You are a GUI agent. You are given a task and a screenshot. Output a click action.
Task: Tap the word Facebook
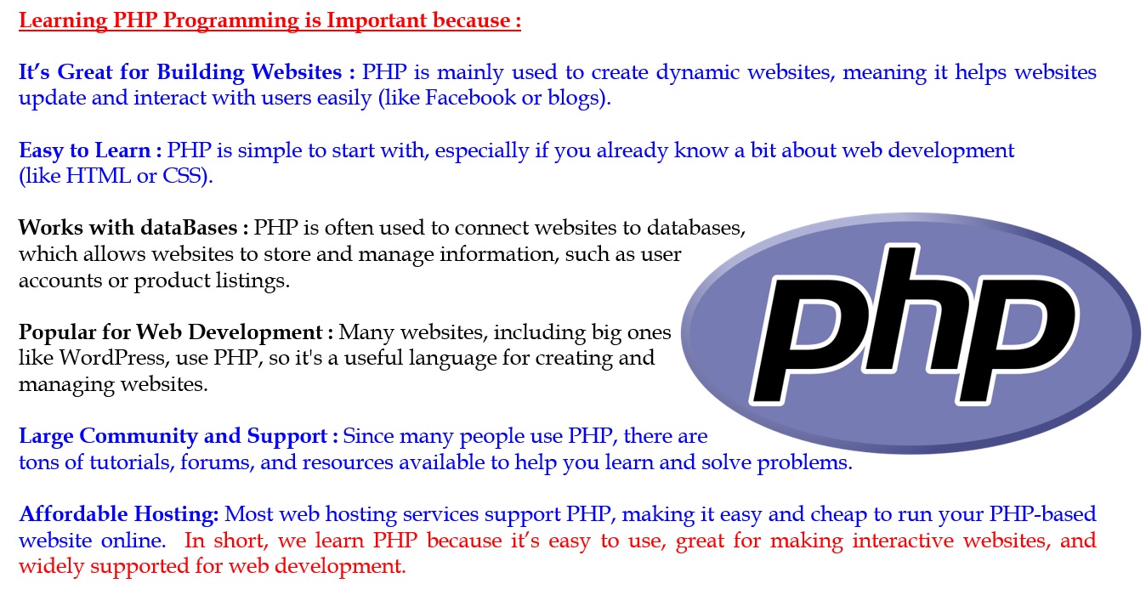tap(470, 97)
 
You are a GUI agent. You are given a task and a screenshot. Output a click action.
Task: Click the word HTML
tap(99, 175)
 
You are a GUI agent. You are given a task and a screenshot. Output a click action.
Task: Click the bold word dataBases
tap(190, 228)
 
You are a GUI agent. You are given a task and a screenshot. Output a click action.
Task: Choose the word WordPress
tap(113, 358)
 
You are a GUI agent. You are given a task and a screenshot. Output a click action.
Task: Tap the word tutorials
tap(132, 462)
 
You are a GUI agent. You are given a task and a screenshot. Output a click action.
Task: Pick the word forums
tap(215, 463)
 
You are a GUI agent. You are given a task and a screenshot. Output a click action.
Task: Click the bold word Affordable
tap(73, 513)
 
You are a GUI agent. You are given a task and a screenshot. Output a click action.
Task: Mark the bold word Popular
tap(57, 332)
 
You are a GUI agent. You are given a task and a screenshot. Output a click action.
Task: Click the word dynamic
tap(698, 72)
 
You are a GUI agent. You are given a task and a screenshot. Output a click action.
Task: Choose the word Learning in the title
tap(63, 21)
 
